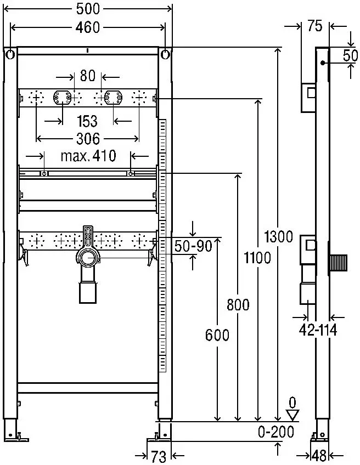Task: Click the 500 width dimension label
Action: coord(88,9)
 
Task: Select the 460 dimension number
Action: coord(88,27)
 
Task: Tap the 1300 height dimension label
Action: coord(278,237)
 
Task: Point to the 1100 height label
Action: coord(257,257)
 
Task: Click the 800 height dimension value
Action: coord(238,304)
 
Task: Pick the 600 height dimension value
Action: coord(217,335)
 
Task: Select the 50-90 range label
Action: coord(193,246)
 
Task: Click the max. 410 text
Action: coord(88,156)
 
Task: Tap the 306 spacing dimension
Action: coord(88,139)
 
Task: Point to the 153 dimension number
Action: coord(87,121)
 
